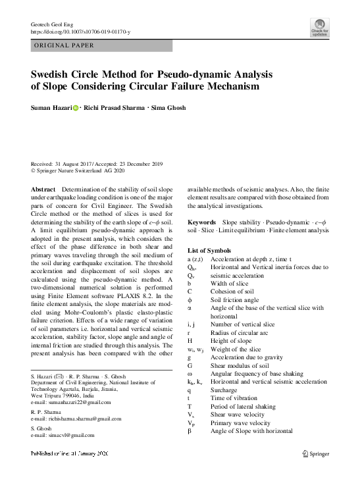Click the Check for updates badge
coord(321,27)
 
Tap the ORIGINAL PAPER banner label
coord(64,46)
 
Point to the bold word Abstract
coord(43,189)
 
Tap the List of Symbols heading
coord(209,251)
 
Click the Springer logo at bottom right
coord(320,453)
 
